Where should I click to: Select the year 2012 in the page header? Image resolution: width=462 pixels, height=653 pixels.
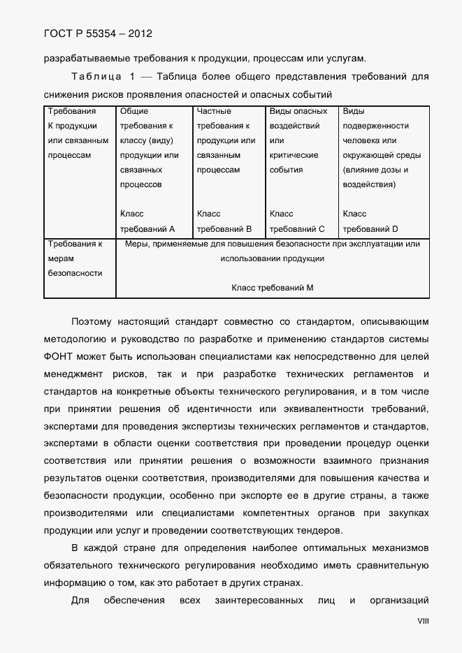(x=138, y=33)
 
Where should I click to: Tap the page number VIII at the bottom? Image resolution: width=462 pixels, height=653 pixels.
(x=423, y=620)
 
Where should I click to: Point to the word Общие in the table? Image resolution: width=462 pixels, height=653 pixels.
(x=133, y=111)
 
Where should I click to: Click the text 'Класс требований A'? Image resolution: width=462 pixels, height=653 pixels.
(x=147, y=221)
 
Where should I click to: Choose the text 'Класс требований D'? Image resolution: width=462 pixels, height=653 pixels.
(x=370, y=221)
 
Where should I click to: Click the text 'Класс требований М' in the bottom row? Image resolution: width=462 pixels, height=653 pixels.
(x=272, y=288)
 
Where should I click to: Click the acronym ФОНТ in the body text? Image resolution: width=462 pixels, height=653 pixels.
(x=59, y=355)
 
